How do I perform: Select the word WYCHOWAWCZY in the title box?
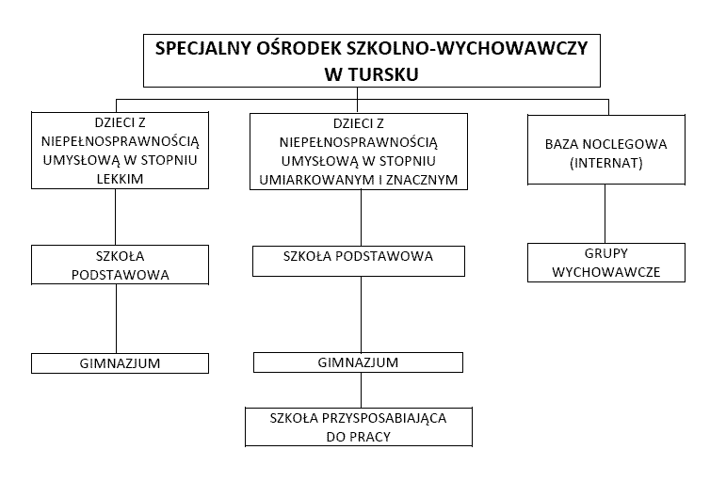pyautogui.click(x=512, y=49)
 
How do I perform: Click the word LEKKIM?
pyautogui.click(x=120, y=179)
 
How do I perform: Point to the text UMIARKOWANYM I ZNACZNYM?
pyautogui.click(x=359, y=180)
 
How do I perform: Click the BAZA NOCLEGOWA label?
pyautogui.click(x=605, y=144)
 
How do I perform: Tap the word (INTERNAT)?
pyautogui.click(x=606, y=163)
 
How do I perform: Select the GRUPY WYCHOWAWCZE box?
pyautogui.click(x=606, y=263)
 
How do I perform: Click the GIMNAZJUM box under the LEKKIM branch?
pyautogui.click(x=120, y=363)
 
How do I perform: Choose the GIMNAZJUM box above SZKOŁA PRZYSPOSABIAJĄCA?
pyautogui.click(x=358, y=362)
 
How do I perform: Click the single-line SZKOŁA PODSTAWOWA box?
pyautogui.click(x=359, y=261)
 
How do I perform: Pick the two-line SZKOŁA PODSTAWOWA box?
pyautogui.click(x=120, y=265)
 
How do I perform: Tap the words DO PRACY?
pyautogui.click(x=359, y=437)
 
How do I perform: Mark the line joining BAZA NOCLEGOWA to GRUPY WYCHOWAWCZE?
pyautogui.click(x=605, y=214)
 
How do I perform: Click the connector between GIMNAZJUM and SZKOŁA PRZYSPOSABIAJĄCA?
pyautogui.click(x=362, y=390)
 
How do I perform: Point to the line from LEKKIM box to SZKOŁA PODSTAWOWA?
pyautogui.click(x=115, y=217)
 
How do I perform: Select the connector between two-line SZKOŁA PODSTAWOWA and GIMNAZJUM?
pyautogui.click(x=116, y=319)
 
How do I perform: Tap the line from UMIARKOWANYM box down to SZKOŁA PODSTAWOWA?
pyautogui.click(x=362, y=217)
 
